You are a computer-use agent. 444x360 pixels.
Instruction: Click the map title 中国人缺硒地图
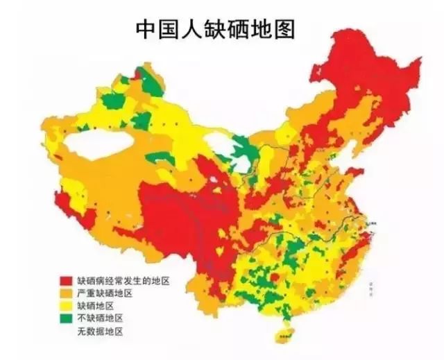click(215, 28)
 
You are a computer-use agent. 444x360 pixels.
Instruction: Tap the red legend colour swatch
click(67, 281)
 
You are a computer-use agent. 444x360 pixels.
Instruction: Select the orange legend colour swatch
click(67, 293)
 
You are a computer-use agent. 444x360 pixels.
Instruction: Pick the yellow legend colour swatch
click(67, 306)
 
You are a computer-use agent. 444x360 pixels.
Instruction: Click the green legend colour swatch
click(67, 318)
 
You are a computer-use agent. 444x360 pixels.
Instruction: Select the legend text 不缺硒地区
click(100, 318)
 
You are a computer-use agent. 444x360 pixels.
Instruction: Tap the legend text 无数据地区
click(100, 331)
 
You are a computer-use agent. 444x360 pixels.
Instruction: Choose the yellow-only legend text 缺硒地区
click(95, 306)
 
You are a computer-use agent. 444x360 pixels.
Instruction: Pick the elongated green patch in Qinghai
click(160, 157)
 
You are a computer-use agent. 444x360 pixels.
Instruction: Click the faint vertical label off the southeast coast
click(372, 284)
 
